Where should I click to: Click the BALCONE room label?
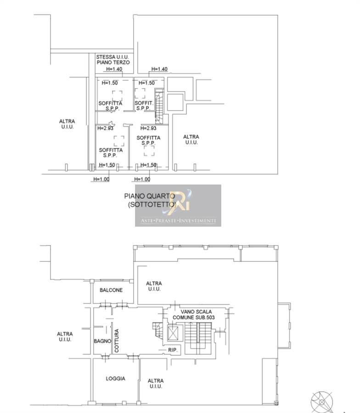[111, 290]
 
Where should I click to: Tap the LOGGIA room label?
[115, 379]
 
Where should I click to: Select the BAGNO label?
[102, 341]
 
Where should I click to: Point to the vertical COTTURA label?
[117, 340]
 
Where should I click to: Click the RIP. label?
[173, 350]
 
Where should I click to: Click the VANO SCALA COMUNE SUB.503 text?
[194, 314]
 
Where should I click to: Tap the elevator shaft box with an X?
[173, 334]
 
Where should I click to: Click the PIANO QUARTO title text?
[149, 196]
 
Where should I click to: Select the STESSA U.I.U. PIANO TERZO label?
[113, 60]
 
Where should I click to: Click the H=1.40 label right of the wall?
[159, 69]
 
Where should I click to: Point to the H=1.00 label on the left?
[101, 179]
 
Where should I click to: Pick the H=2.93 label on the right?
[148, 128]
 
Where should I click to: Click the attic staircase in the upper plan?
[159, 106]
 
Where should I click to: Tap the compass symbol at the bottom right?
[322, 402]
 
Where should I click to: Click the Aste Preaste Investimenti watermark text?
[178, 220]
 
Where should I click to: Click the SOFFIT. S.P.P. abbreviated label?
[144, 106]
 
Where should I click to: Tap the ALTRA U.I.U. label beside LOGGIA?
[156, 384]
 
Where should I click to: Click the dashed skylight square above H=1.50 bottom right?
[149, 151]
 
